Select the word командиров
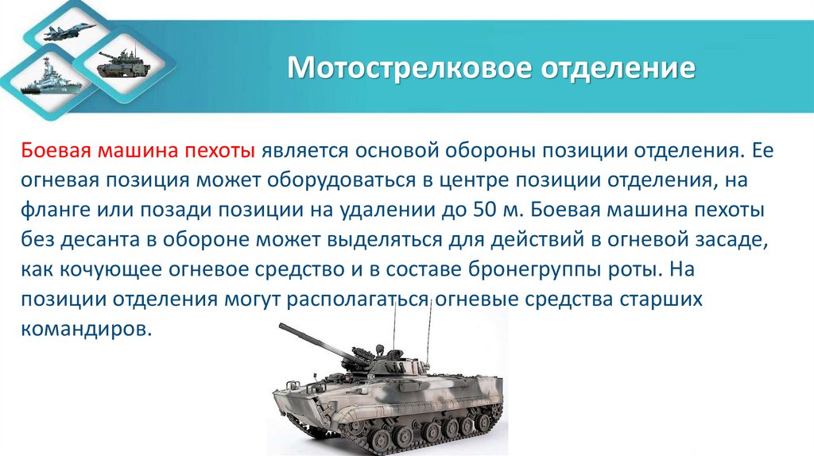click(85, 329)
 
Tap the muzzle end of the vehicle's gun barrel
click(282, 327)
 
